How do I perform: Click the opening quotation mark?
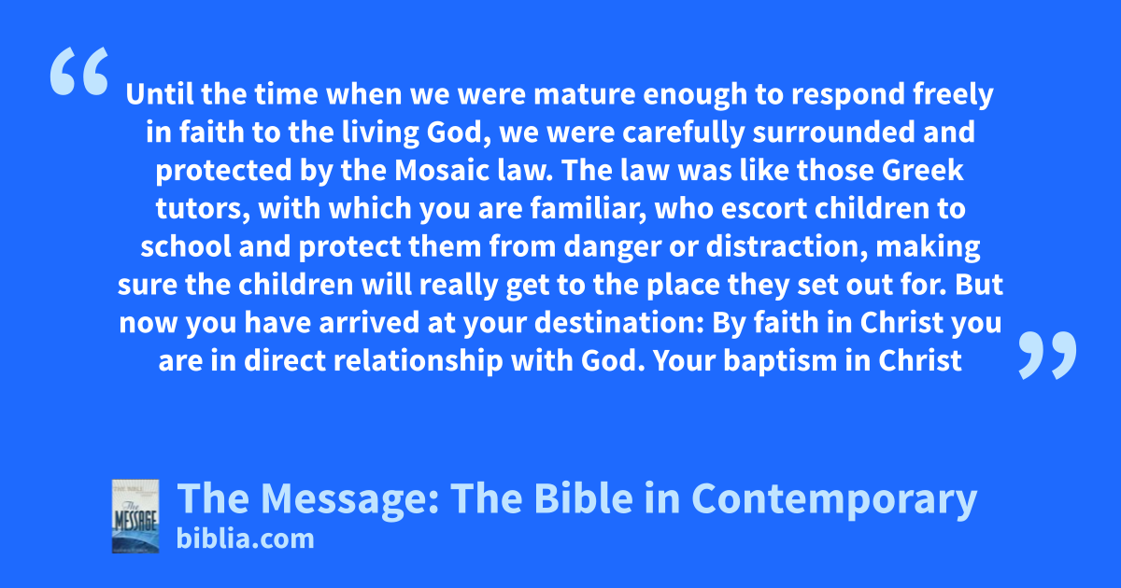(79, 71)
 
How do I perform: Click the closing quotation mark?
(1047, 355)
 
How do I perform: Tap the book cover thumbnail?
(135, 516)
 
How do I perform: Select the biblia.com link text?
(245, 539)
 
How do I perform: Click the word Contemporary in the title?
(833, 499)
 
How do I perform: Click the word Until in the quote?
(160, 93)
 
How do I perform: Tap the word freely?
(953, 95)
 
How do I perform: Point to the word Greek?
(922, 171)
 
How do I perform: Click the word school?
(186, 246)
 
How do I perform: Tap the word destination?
(619, 323)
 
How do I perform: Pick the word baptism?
(780, 361)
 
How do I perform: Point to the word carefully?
(684, 133)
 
